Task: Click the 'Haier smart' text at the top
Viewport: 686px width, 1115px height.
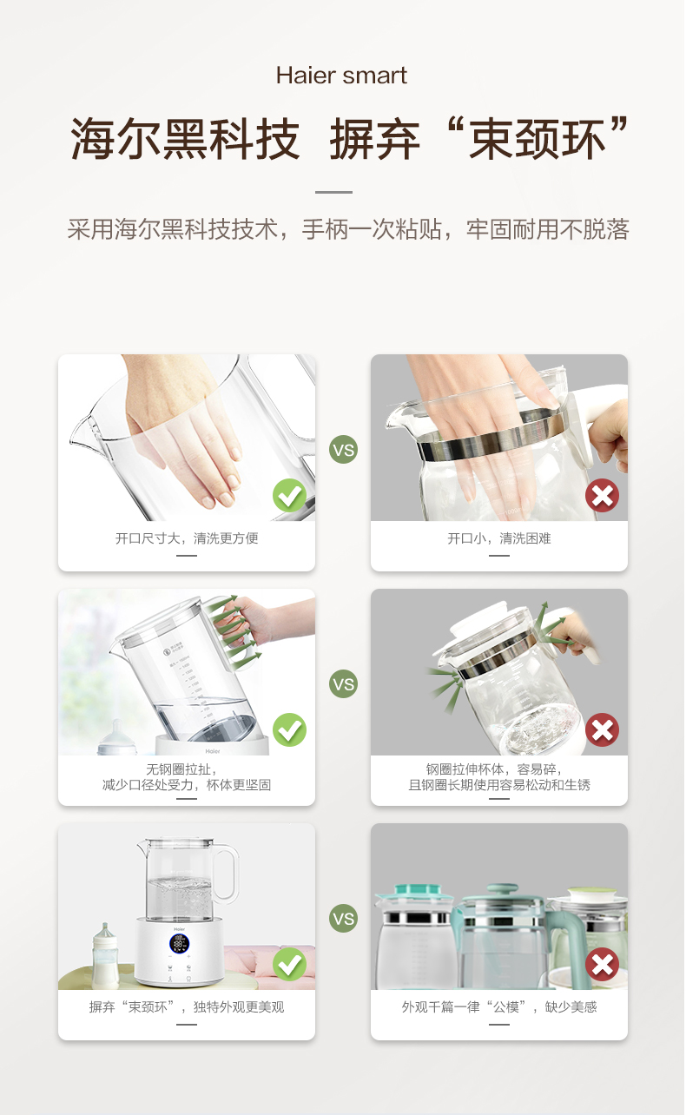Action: pos(341,76)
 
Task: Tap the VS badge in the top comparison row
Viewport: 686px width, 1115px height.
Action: pos(344,450)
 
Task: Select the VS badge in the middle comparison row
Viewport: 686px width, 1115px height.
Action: pos(344,684)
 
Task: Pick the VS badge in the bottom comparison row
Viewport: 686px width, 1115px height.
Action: pos(344,919)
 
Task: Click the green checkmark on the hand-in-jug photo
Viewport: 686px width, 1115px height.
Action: pos(289,495)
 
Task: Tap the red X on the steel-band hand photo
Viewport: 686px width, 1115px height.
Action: pos(602,495)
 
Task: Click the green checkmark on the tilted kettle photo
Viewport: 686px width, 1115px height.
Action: pos(289,729)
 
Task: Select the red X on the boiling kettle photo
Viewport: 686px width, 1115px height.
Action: pos(602,729)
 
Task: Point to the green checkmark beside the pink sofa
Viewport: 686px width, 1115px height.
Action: pos(289,964)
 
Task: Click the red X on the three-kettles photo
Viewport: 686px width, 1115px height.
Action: pos(602,964)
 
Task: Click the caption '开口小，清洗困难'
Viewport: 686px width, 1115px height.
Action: pos(498,538)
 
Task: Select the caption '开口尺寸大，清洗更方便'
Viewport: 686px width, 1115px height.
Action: pos(187,538)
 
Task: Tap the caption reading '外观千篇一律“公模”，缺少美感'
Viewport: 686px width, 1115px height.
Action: pos(498,1007)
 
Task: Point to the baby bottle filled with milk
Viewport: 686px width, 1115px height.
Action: pos(106,955)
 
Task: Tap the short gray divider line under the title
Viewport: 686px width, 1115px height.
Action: pos(333,192)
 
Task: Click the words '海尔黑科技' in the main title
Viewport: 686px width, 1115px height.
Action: pos(185,139)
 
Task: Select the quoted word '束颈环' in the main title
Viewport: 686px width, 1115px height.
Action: pos(538,139)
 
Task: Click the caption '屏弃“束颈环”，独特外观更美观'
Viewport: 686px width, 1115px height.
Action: pos(187,1007)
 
